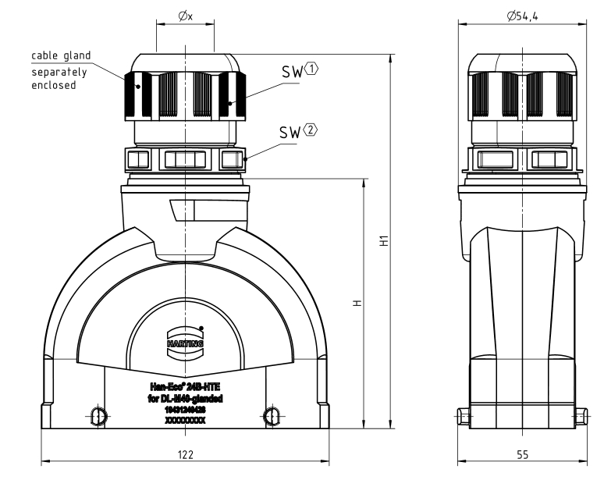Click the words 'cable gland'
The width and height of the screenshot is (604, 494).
[x=61, y=55]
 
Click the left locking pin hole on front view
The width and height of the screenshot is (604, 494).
[x=98, y=415]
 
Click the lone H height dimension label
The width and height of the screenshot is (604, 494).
[x=356, y=303]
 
